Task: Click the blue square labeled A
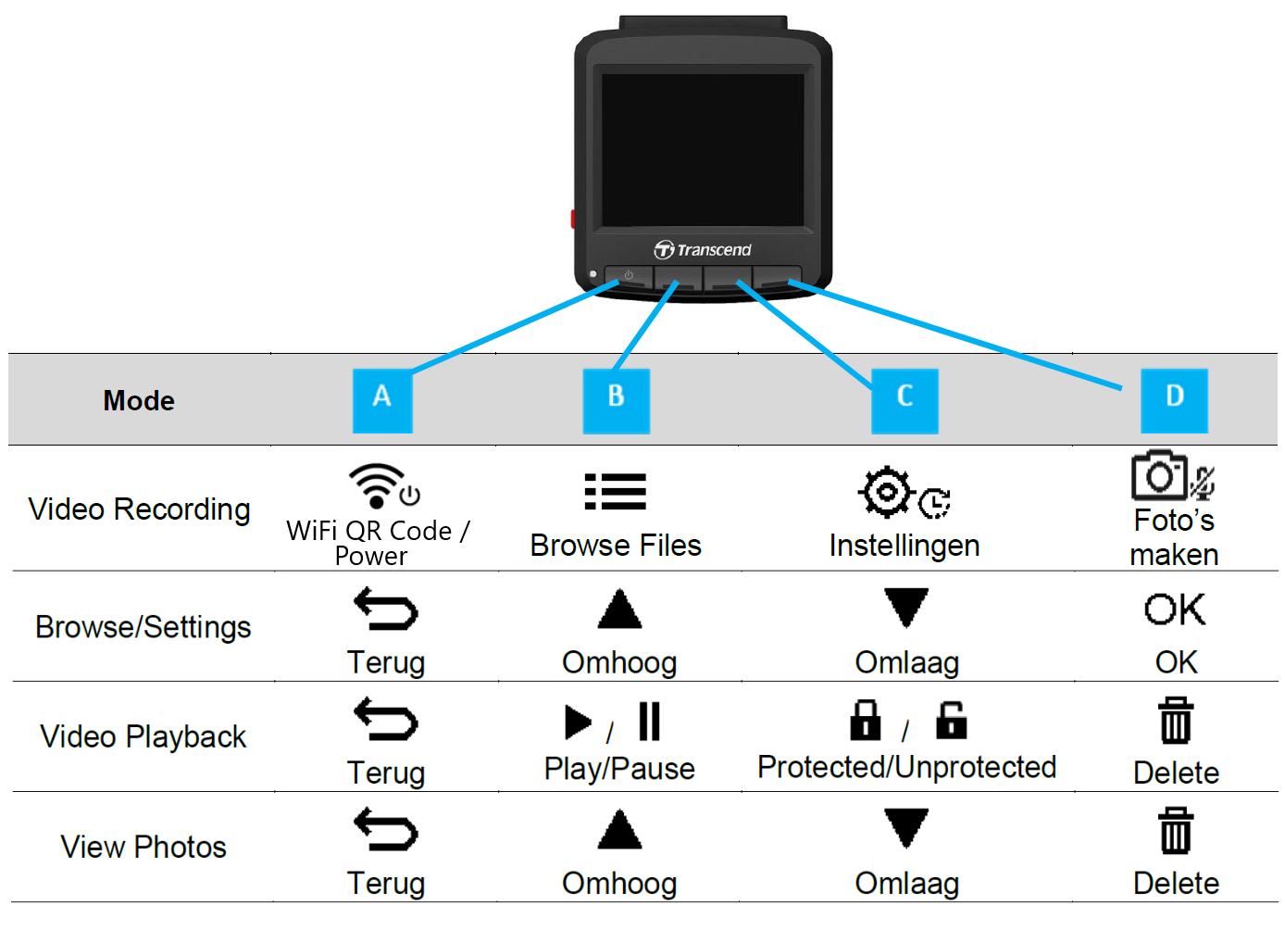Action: click(x=382, y=401)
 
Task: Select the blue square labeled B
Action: click(x=616, y=401)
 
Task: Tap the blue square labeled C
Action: click(x=904, y=401)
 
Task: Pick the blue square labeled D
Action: click(x=1174, y=401)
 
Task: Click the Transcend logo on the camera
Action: click(x=703, y=250)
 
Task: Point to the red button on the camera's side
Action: click(x=572, y=220)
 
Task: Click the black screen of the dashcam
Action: click(x=703, y=150)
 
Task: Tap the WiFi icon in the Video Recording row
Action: click(x=376, y=485)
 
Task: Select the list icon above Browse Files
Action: click(x=616, y=492)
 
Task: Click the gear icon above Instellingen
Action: click(x=887, y=492)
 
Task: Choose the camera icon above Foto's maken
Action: click(x=1159, y=475)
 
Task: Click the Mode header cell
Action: click(x=139, y=400)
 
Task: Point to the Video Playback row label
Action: click(x=143, y=736)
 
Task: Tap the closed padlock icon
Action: click(x=865, y=720)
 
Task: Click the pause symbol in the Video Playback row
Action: click(x=649, y=721)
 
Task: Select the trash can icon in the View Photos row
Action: click(x=1176, y=831)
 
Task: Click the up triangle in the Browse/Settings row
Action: click(x=619, y=609)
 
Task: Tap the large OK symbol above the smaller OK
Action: click(x=1175, y=610)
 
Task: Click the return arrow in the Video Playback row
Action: click(x=386, y=720)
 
